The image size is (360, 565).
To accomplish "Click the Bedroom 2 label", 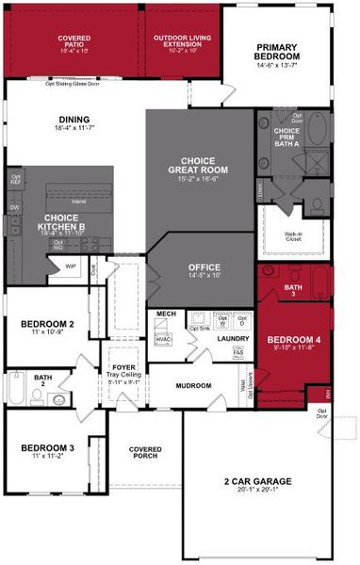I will pyautogui.click(x=47, y=326).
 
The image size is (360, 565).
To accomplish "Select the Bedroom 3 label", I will pyautogui.click(x=47, y=448).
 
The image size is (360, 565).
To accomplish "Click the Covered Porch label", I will pyautogui.click(x=145, y=453).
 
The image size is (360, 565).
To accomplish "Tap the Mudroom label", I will pyautogui.click(x=193, y=385).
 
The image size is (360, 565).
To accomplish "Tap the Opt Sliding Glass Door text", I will pyautogui.click(x=74, y=83).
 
